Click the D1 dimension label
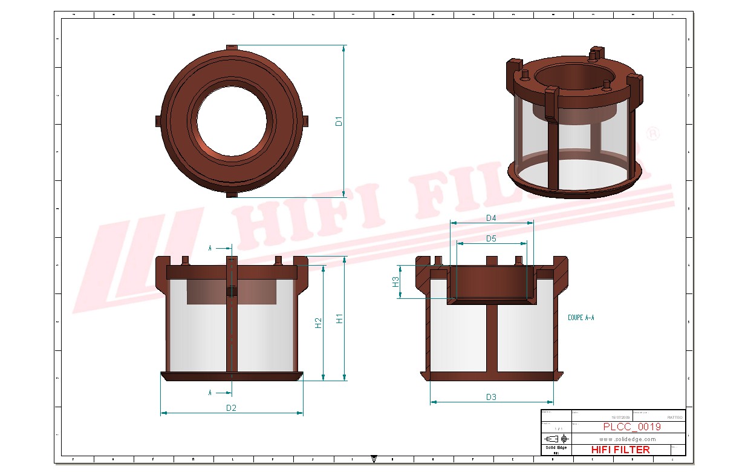coord(339,120)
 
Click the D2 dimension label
coord(231,408)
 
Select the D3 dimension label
coord(491,397)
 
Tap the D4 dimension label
coord(491,218)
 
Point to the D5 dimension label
coord(491,238)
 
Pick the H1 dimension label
coord(340,318)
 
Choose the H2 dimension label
coord(319,323)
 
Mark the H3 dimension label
coord(395,281)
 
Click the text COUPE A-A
coord(581,317)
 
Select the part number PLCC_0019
coord(632,427)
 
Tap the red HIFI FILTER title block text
coord(620,450)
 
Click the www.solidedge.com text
coord(628,439)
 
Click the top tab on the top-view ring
coord(232,47)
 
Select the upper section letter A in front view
coord(210,248)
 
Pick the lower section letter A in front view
coord(210,393)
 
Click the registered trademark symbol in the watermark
coord(652,134)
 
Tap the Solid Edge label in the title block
coord(556,448)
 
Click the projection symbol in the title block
coord(556,438)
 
